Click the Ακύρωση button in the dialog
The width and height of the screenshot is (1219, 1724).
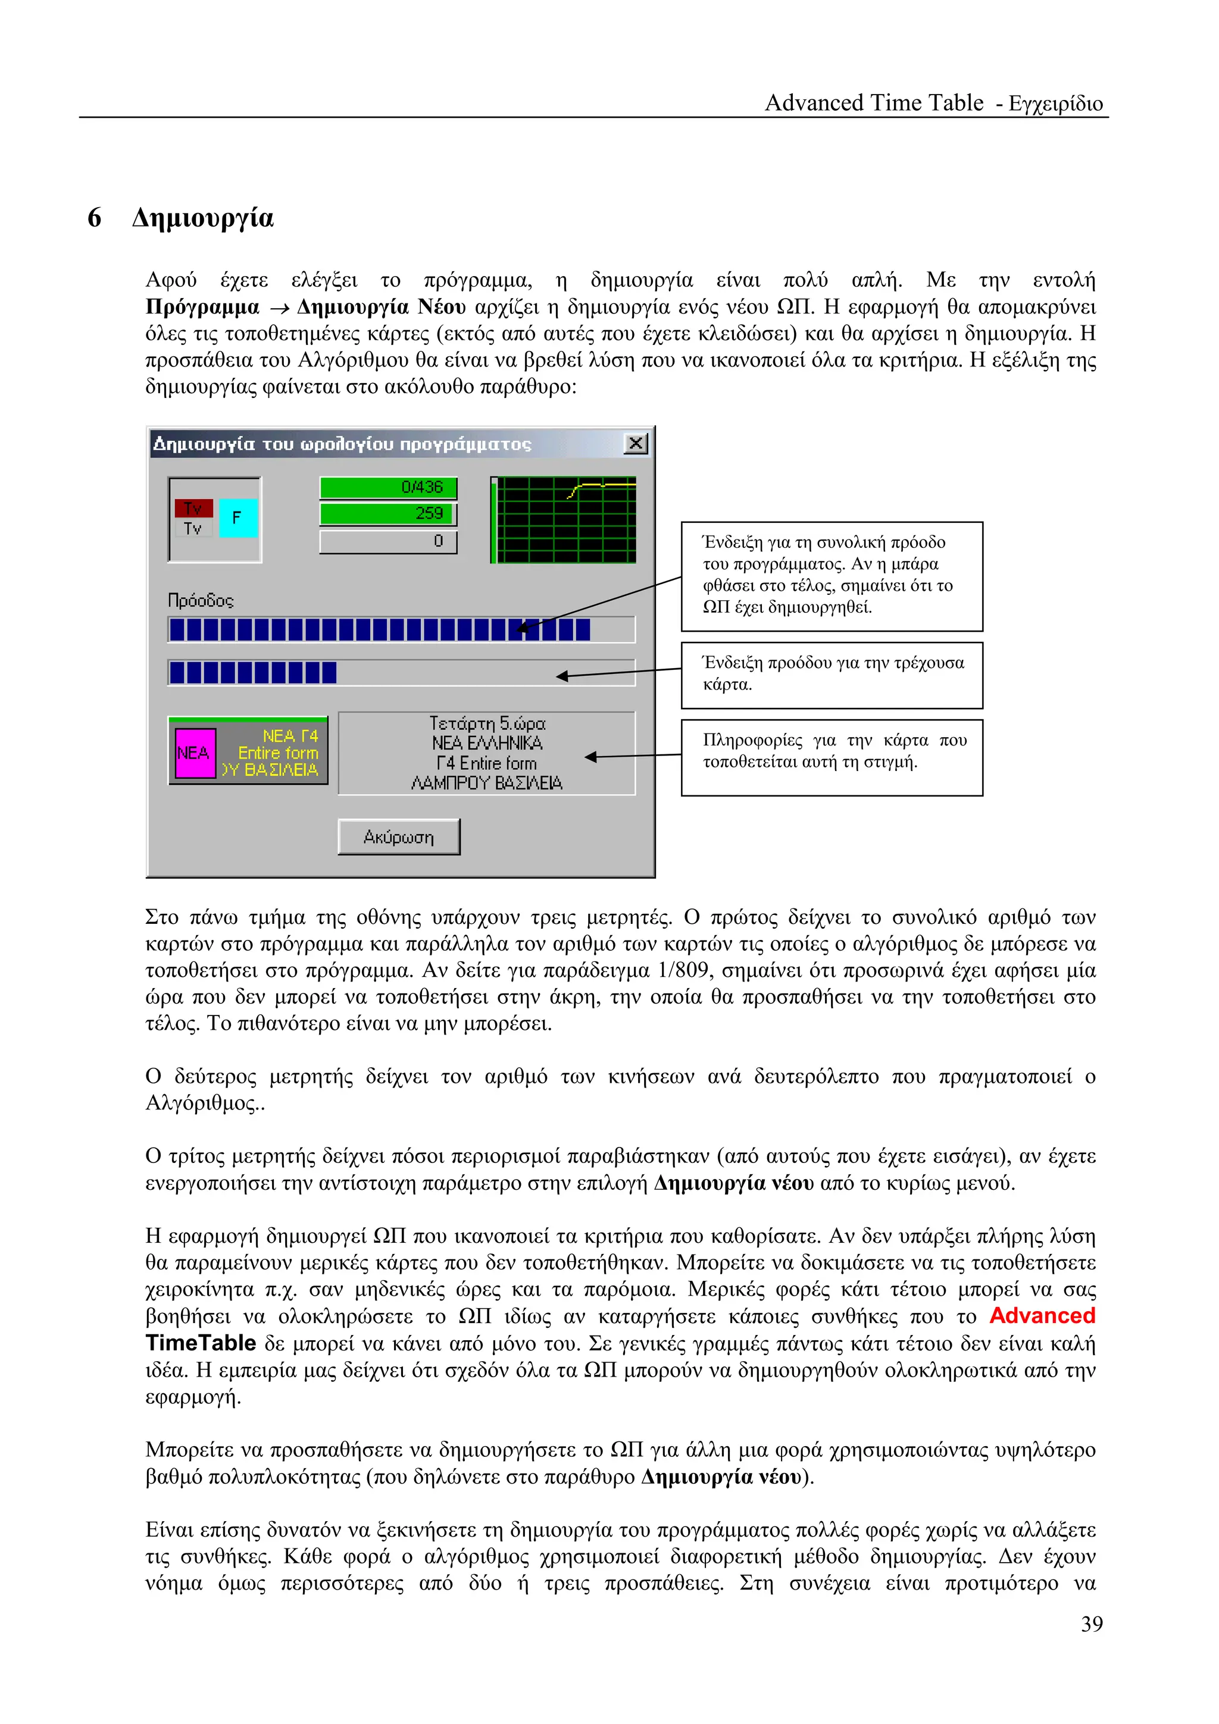click(399, 836)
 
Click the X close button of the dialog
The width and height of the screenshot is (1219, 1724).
click(636, 443)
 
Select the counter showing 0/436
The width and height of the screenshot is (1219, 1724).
click(388, 487)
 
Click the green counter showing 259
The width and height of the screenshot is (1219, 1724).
click(388, 513)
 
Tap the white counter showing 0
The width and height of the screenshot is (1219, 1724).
click(388, 541)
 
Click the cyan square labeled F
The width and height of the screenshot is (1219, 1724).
click(238, 518)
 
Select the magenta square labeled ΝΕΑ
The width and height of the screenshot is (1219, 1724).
click(195, 753)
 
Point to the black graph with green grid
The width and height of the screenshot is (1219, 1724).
click(563, 519)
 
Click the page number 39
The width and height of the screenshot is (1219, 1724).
click(1091, 1623)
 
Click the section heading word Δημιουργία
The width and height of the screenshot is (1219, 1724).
click(203, 218)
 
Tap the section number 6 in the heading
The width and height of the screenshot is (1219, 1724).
click(95, 218)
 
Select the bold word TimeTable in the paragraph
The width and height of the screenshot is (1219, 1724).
click(201, 1343)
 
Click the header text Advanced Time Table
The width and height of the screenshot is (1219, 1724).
click(874, 103)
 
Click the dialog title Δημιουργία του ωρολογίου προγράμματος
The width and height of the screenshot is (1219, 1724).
click(342, 444)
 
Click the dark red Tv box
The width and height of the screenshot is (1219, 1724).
click(193, 509)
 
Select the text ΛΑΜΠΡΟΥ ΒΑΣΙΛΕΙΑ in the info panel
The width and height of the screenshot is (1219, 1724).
click(487, 783)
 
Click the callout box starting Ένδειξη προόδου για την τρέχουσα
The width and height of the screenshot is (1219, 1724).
click(832, 674)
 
